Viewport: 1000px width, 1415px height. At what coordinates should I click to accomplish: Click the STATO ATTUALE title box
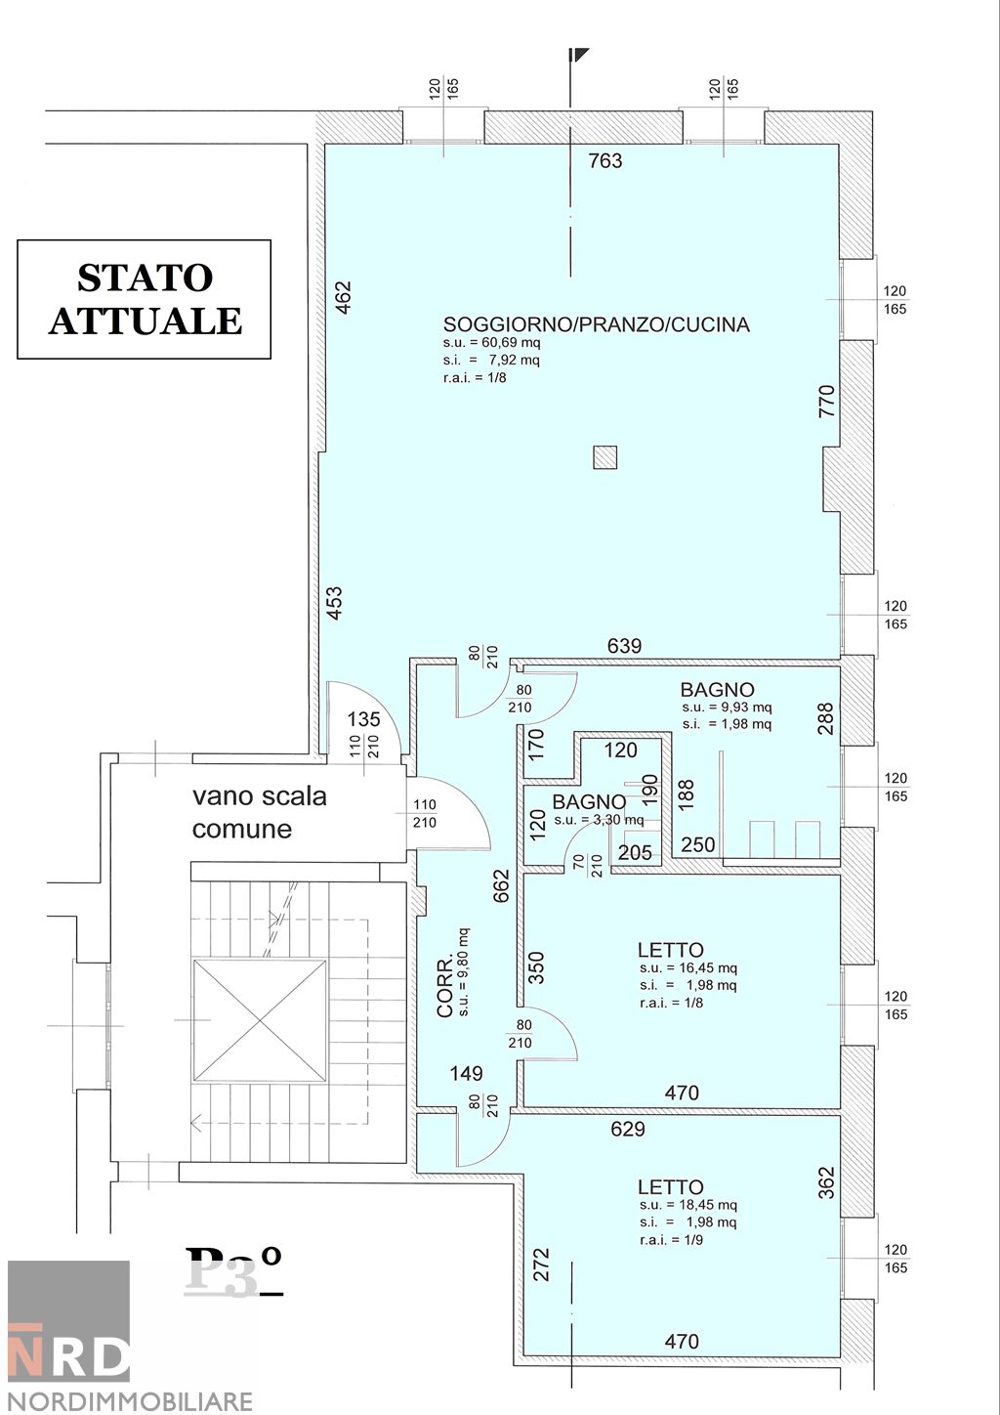145,299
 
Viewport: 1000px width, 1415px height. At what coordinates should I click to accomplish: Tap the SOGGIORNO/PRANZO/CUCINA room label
596,324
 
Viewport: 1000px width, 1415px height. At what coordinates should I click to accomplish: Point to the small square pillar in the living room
605,456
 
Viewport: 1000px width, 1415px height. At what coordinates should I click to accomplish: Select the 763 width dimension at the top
605,160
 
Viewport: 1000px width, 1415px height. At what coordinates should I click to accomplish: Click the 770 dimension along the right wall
826,402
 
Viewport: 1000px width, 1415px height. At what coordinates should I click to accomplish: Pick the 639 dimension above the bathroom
625,646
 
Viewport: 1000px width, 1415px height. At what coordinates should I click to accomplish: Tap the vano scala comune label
259,812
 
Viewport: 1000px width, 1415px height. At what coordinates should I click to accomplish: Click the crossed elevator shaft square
260,1020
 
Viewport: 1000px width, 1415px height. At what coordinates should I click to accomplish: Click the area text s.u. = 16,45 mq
688,968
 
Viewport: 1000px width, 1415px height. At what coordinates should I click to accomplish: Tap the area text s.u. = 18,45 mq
688,1205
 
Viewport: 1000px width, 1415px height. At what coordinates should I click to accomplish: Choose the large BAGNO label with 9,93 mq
718,690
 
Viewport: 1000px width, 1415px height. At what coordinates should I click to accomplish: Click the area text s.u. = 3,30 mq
599,820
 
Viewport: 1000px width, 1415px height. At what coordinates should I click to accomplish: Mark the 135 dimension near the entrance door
363,719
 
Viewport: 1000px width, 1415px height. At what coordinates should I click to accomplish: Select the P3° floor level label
234,1270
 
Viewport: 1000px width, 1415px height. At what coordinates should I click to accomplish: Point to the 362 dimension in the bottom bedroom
826,1182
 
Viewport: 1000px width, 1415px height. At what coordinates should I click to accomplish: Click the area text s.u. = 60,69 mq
491,343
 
